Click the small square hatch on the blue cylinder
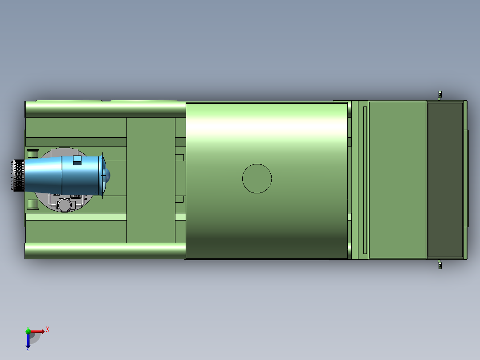coord(77,160)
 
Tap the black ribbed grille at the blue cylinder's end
coord(18,175)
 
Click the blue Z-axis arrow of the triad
coord(28,340)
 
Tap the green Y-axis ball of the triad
coord(28,331)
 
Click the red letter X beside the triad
coord(48,330)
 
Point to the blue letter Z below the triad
coord(28,349)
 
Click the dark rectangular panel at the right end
coord(445,180)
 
